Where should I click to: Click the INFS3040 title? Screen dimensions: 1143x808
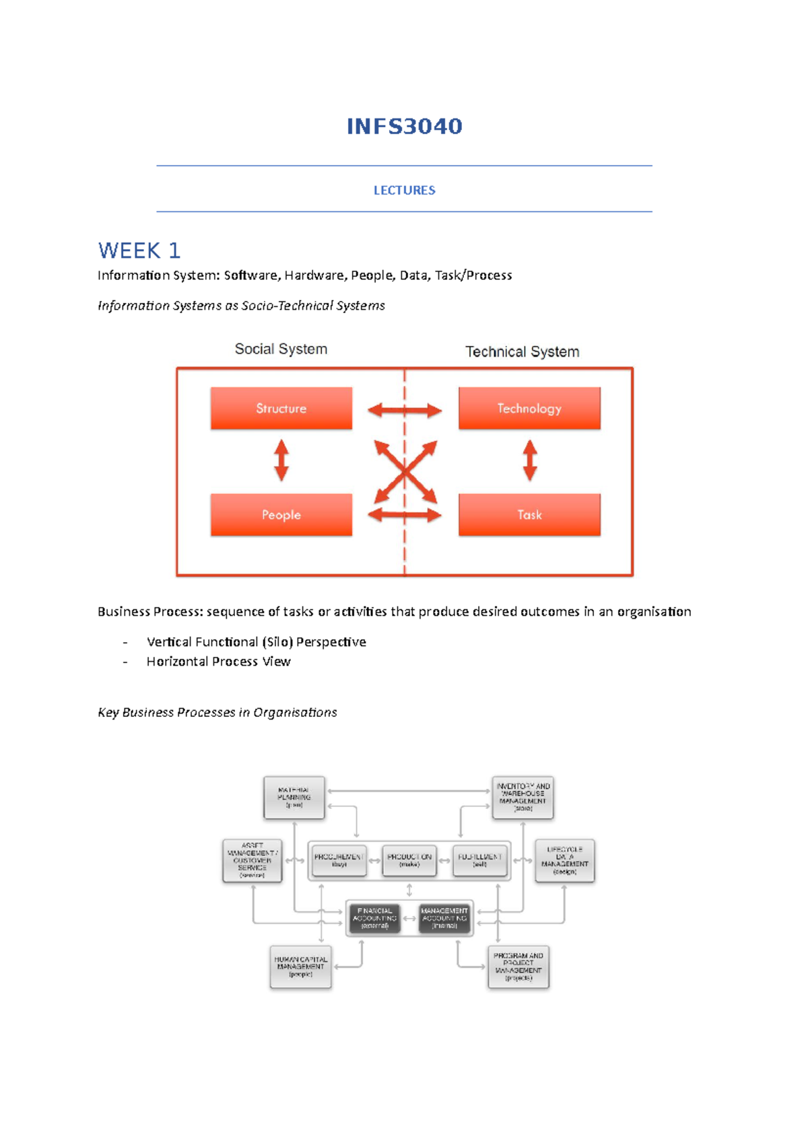tap(404, 127)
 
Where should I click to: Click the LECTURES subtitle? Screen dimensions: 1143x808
tap(404, 190)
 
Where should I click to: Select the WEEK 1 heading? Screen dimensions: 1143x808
tap(139, 250)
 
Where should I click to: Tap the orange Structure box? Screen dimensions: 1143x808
tap(281, 408)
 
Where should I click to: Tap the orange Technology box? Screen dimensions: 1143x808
tap(529, 408)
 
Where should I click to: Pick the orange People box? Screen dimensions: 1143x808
tap(281, 515)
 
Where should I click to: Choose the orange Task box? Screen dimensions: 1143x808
tap(529, 515)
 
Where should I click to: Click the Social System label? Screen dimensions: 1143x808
tap(281, 349)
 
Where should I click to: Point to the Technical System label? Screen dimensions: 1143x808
tap(522, 351)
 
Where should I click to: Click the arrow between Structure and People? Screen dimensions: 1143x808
tap(281, 460)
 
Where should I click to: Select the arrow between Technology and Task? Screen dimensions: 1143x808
tap(530, 460)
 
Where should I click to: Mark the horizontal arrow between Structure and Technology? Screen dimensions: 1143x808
tap(404, 410)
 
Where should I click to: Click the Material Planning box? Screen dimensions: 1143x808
tap(294, 798)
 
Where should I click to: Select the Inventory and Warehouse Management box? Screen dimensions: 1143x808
tap(523, 798)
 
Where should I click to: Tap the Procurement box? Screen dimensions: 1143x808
tap(339, 860)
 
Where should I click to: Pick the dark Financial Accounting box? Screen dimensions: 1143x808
tap(375, 918)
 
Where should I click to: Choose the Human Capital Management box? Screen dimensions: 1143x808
tap(300, 967)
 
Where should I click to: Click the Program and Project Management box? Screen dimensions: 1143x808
tap(518, 967)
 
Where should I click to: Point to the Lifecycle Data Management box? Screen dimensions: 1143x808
tap(564, 860)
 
